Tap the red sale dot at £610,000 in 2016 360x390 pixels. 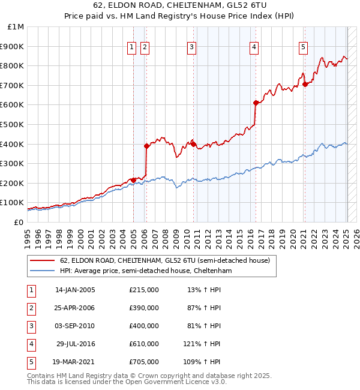[x=256, y=103]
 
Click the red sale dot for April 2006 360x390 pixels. [x=146, y=146]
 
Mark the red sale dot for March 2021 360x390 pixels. [x=305, y=84]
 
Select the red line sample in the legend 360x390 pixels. [x=42, y=260]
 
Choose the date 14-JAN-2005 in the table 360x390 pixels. [x=75, y=290]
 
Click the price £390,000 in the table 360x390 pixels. [x=144, y=308]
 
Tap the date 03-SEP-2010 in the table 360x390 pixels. [x=75, y=326]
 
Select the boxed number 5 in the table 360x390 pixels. [x=29, y=362]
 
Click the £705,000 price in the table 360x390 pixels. [x=144, y=362]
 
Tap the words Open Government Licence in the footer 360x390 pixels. [x=169, y=382]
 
